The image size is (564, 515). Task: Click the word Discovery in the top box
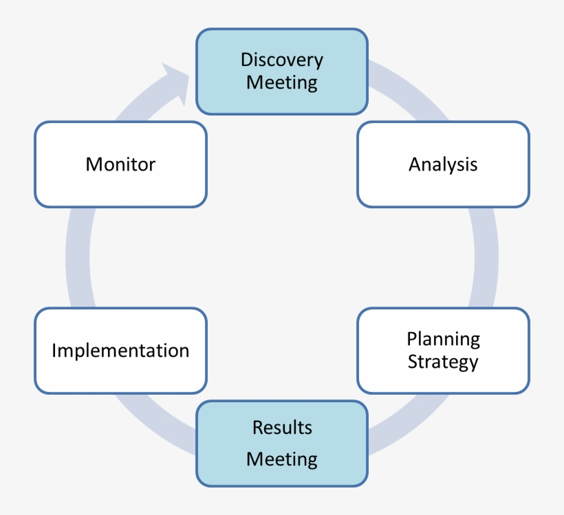[x=281, y=60]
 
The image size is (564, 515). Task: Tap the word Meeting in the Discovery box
[x=281, y=83]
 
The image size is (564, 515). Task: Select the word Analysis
[x=443, y=164]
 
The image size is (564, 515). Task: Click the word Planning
[x=443, y=339]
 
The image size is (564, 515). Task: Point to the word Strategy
[x=443, y=362]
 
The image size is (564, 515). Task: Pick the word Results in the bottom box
[x=282, y=427]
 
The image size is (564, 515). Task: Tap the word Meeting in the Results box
[x=282, y=459]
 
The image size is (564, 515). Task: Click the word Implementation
[x=120, y=350]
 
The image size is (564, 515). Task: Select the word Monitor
[x=120, y=164]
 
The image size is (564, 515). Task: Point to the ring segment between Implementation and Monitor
[x=78, y=258]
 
